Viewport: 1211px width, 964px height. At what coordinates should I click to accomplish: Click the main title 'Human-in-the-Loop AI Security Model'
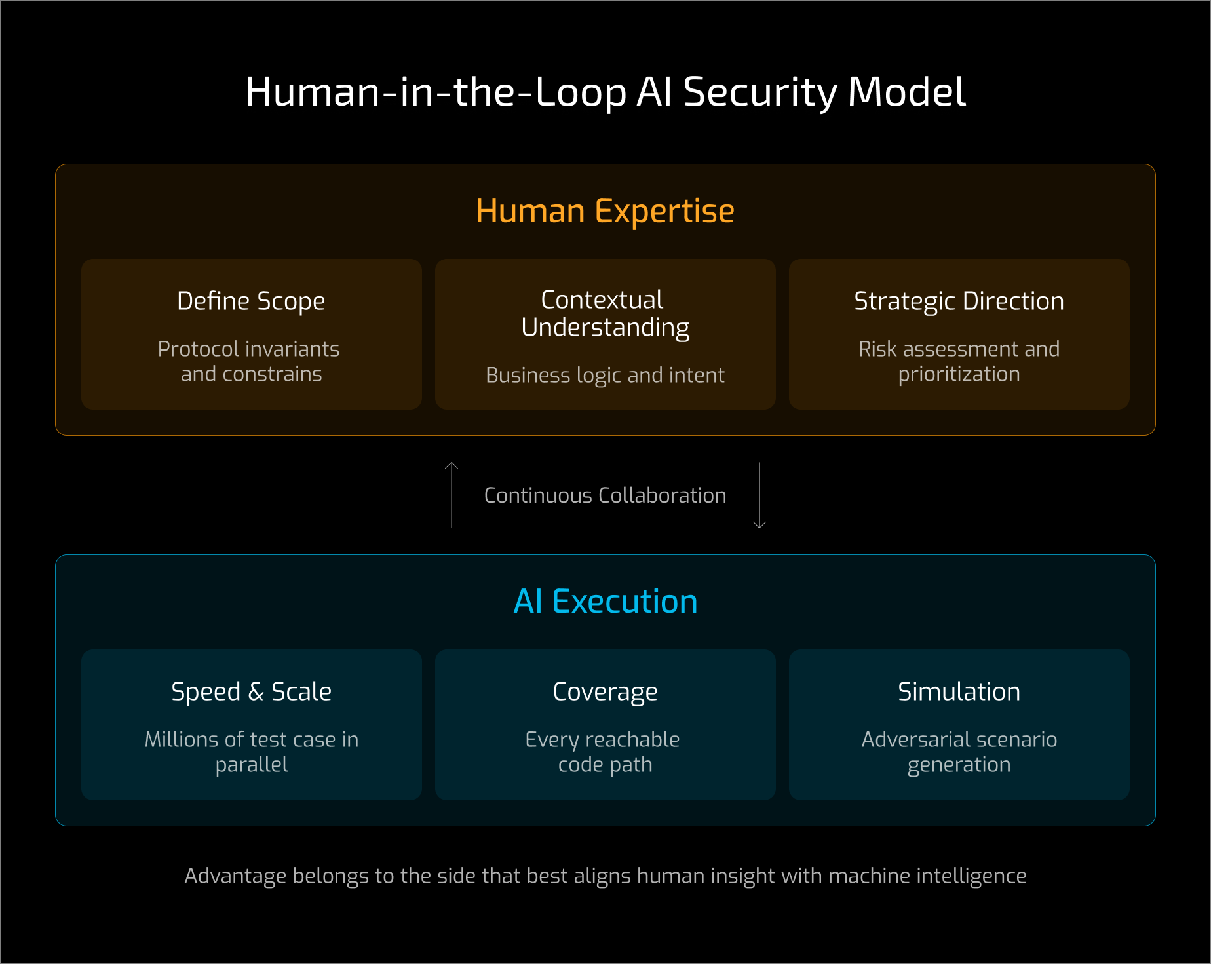(x=605, y=92)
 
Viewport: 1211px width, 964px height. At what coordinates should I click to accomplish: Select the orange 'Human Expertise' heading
(x=605, y=211)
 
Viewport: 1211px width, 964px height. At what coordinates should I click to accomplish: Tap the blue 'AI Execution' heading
(x=605, y=601)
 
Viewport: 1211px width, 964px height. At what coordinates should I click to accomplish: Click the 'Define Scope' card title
(x=251, y=301)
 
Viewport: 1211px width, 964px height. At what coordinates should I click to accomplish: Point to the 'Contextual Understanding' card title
(x=605, y=313)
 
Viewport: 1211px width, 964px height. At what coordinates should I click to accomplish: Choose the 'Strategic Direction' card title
(x=959, y=301)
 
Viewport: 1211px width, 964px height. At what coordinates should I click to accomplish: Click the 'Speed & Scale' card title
(x=251, y=691)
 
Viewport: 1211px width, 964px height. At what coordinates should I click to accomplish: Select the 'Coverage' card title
(x=605, y=691)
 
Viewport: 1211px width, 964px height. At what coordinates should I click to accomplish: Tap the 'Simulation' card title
(x=959, y=691)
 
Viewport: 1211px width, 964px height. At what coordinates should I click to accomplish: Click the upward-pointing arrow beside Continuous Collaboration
(x=452, y=494)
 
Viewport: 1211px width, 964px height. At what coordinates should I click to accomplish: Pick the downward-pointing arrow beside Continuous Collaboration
(x=759, y=495)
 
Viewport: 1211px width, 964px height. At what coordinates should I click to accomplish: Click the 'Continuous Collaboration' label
(x=605, y=495)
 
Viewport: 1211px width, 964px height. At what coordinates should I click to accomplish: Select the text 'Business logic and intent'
(x=605, y=375)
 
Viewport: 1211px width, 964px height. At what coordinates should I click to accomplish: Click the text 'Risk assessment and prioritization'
(x=959, y=361)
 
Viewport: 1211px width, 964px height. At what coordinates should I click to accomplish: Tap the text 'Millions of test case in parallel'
(x=251, y=752)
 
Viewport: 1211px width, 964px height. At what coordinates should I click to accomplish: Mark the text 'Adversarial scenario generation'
(x=959, y=752)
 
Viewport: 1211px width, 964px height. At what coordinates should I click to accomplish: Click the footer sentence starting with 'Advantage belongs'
(x=605, y=876)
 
